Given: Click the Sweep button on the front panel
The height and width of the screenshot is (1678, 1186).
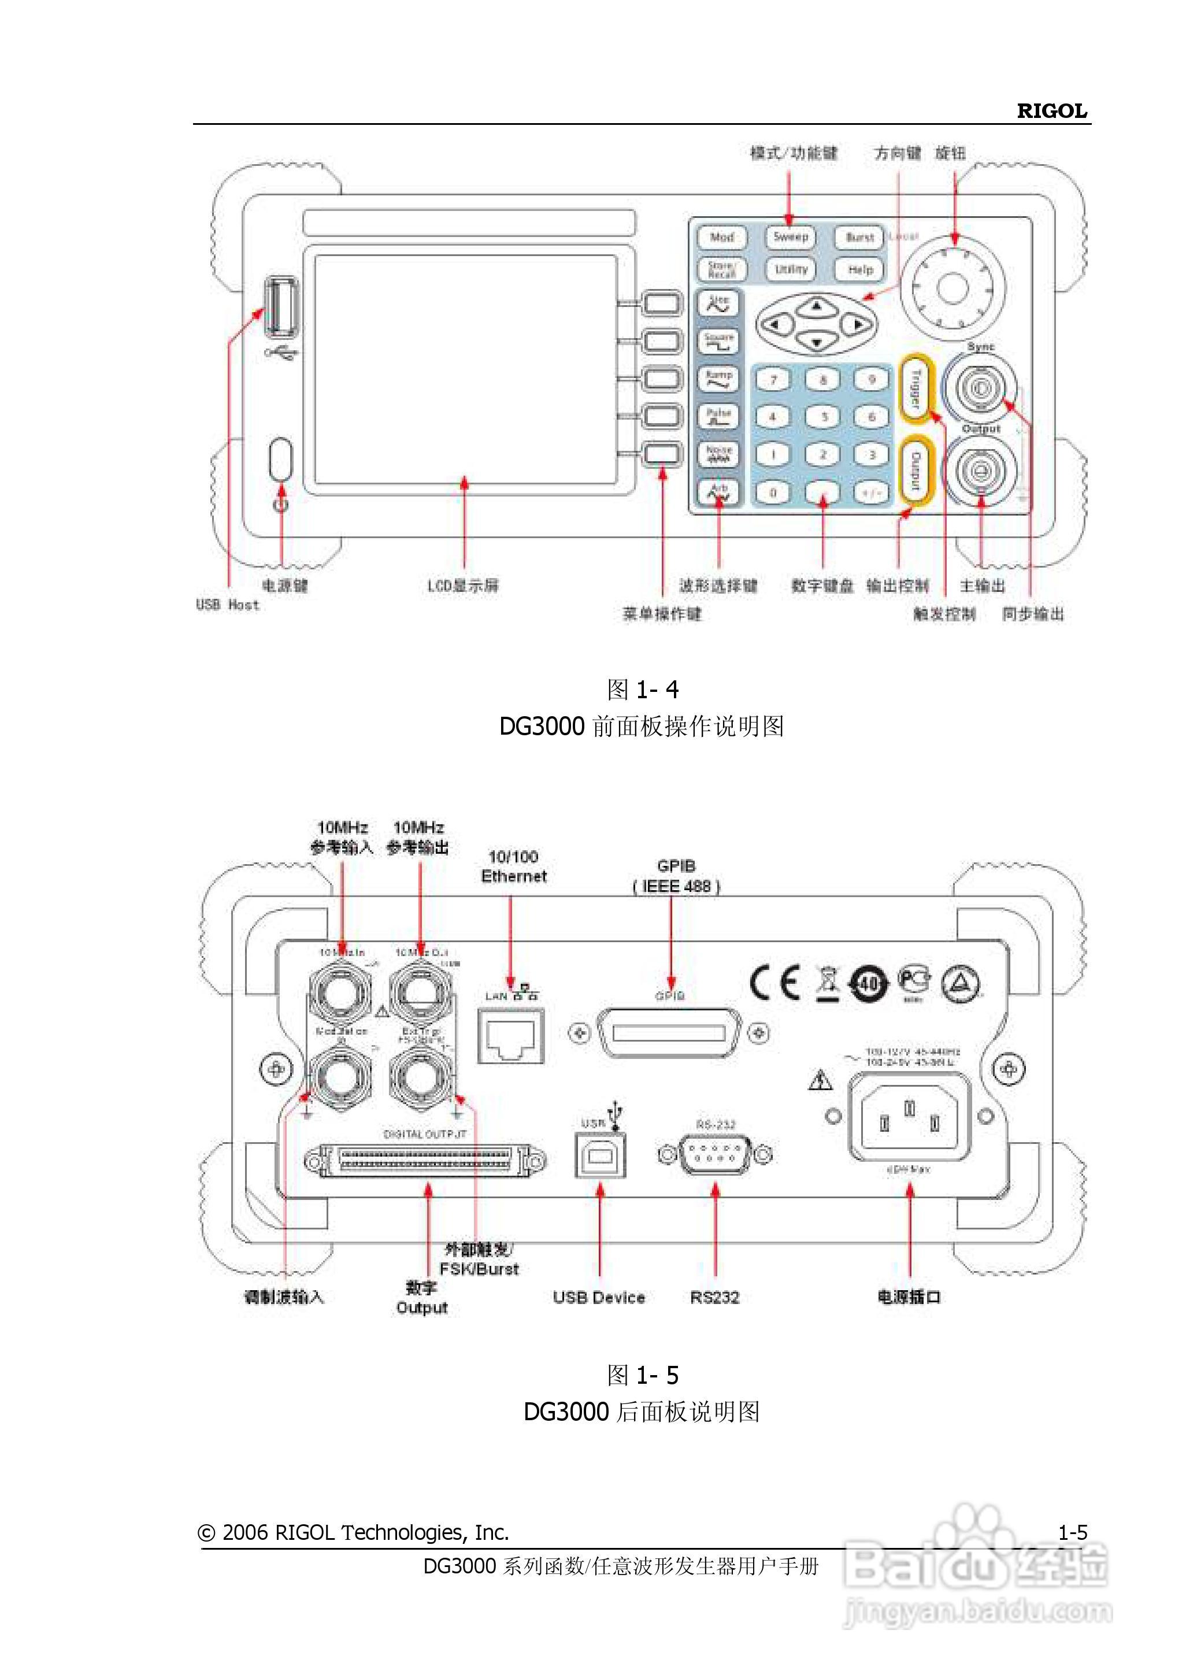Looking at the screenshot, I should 790,237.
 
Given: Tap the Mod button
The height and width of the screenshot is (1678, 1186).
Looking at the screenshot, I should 721,238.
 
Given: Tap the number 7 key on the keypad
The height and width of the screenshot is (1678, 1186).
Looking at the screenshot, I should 773,380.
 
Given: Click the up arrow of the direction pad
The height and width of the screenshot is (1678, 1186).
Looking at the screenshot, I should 817,306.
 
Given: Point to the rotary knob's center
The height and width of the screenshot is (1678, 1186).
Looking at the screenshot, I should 952,287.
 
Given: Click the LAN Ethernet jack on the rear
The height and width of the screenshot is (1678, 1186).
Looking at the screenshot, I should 511,1036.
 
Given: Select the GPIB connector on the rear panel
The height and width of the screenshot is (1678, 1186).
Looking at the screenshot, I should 669,1032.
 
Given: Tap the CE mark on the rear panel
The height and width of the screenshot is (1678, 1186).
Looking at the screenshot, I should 774,983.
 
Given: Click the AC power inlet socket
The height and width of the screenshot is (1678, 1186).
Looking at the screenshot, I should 909,1117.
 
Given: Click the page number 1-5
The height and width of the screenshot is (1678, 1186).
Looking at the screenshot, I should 1073,1532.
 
